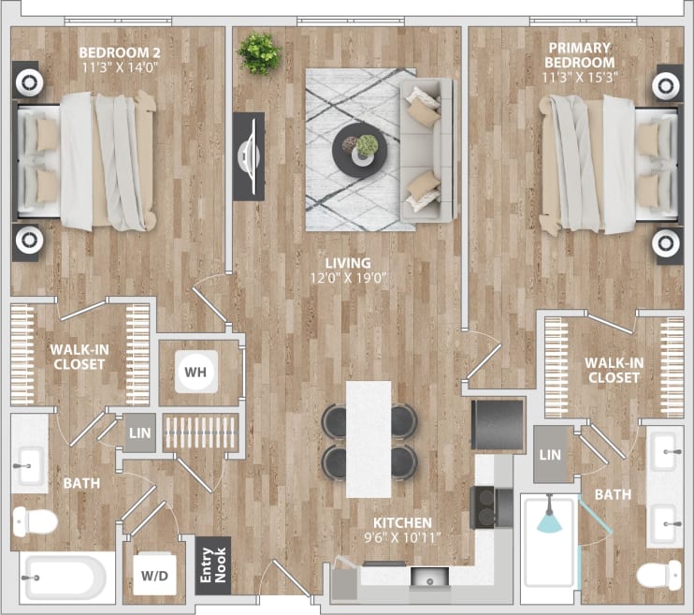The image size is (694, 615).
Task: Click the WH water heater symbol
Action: click(x=195, y=372)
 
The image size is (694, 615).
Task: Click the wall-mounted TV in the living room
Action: click(x=249, y=155)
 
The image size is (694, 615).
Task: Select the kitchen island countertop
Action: click(x=369, y=438)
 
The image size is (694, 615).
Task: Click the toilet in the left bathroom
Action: click(x=35, y=520)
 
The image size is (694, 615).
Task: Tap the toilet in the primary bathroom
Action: click(x=658, y=573)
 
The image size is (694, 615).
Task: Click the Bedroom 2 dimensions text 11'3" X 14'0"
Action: click(x=117, y=66)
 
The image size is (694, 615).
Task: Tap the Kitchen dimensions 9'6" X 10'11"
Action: click(x=401, y=538)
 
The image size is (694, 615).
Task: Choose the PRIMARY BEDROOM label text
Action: click(x=579, y=54)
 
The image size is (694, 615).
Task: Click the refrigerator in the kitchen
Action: click(x=497, y=424)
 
